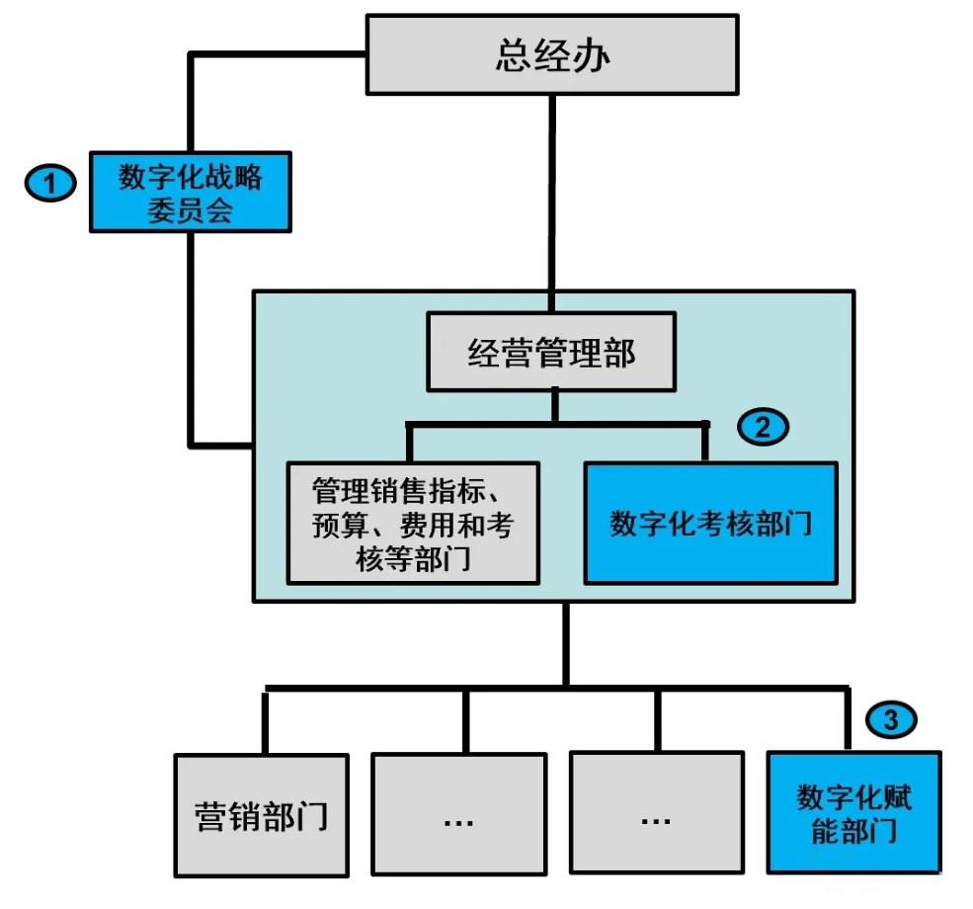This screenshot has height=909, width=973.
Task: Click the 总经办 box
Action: [552, 54]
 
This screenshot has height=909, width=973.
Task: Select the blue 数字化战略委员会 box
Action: [191, 192]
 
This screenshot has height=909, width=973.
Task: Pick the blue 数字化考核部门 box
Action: [710, 522]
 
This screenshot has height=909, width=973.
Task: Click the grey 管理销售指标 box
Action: [413, 522]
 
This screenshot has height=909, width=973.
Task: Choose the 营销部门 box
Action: [262, 815]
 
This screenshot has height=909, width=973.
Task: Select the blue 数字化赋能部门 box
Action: [853, 812]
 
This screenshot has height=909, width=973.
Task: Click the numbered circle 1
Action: [49, 183]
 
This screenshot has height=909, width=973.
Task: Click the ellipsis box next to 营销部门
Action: [459, 815]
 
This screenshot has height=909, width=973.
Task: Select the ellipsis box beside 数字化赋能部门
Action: [657, 815]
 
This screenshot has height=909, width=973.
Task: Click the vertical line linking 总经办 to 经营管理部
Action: [552, 198]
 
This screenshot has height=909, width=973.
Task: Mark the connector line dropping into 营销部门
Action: [265, 721]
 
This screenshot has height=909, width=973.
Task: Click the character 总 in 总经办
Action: [512, 55]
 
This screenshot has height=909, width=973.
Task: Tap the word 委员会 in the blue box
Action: [191, 210]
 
